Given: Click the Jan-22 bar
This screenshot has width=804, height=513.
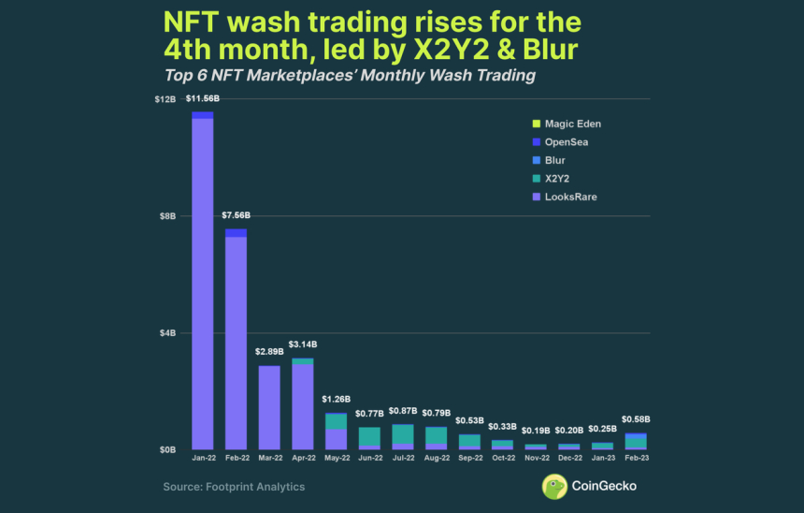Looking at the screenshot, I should coord(203,281).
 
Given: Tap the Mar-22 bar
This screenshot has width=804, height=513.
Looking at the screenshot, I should coord(269,407).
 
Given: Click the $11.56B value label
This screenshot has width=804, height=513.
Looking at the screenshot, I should coord(203,99).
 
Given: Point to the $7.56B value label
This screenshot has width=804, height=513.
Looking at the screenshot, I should coord(236,215).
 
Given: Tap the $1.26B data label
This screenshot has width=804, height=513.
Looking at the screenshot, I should coord(336,400).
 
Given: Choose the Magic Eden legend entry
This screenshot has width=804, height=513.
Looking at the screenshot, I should coord(572,124).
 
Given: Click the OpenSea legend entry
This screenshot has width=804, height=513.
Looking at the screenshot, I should coord(566,142).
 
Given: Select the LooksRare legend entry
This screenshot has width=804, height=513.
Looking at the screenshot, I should coord(570,197).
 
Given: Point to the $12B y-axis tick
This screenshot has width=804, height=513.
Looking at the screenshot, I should coord(165,99).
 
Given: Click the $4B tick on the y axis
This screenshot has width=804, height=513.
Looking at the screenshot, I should coord(168,333).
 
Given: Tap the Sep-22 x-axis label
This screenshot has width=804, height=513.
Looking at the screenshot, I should coord(468,460).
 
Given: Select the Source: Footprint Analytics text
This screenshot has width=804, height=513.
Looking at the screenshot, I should coord(234,487).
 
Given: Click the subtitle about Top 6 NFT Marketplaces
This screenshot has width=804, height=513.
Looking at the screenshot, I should coord(350,75).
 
